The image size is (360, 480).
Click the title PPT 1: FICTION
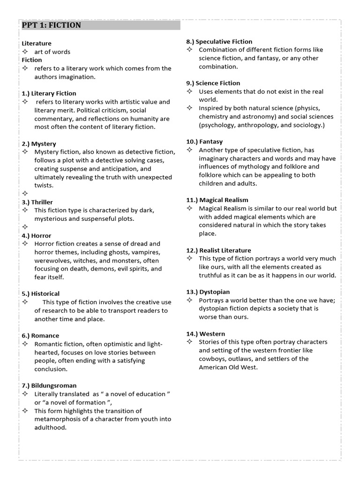[x=52, y=25]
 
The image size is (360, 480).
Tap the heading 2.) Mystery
[x=38, y=144]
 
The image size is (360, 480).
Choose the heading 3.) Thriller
[x=37, y=202]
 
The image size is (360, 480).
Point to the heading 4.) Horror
[x=37, y=235]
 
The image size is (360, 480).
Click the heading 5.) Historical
[x=41, y=293]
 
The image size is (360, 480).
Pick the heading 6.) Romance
[x=40, y=336]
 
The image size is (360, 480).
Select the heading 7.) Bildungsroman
[x=49, y=385]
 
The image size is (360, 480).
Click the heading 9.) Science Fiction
[x=213, y=83]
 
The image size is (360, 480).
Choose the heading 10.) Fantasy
[x=204, y=141]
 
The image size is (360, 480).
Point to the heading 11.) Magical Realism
[x=217, y=200]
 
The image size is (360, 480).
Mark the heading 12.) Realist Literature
[x=218, y=250]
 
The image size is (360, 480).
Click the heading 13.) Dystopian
[x=208, y=292]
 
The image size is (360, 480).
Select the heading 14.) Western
[x=205, y=334]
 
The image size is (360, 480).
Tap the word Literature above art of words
[x=37, y=43]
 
